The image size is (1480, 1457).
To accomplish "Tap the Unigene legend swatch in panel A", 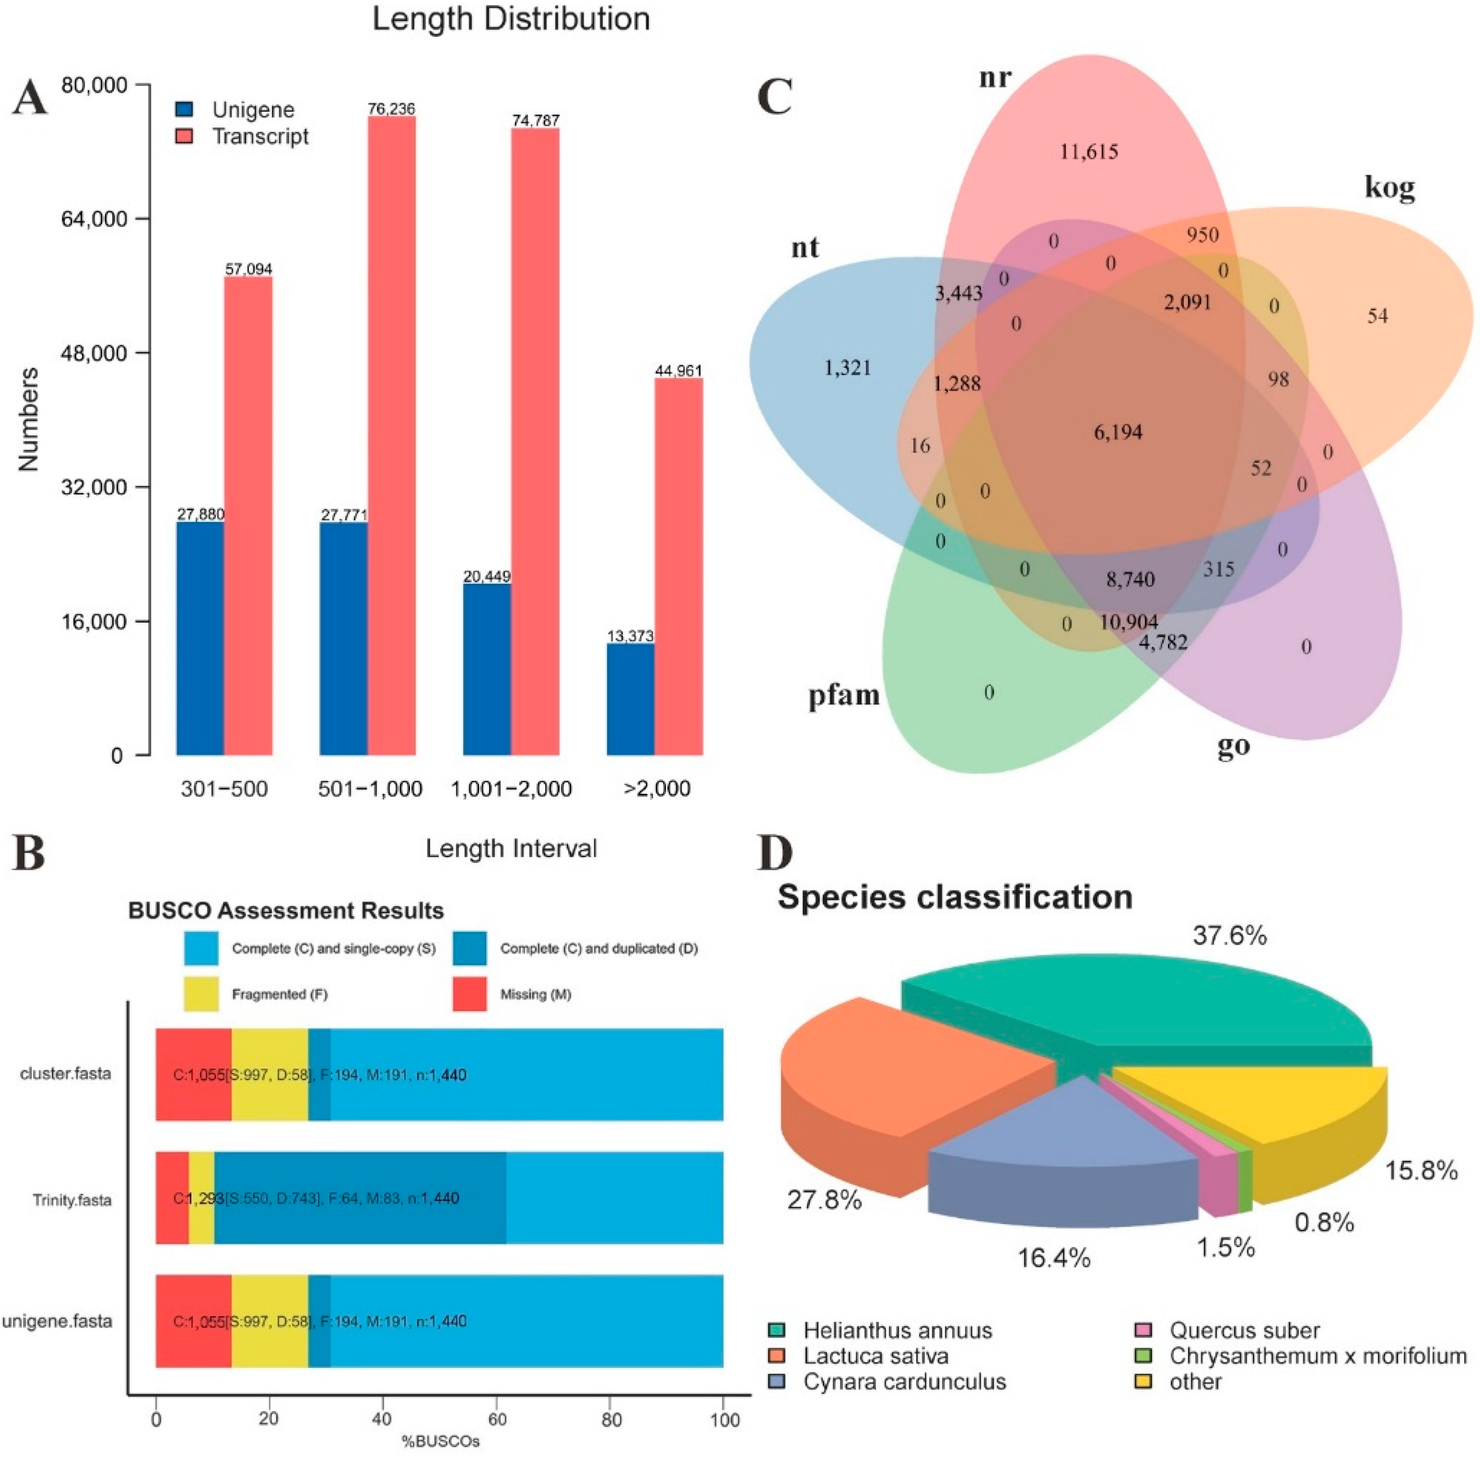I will coord(184,110).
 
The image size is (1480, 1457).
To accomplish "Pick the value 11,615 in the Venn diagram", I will coord(1088,151).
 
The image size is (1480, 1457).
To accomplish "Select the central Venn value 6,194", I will coord(1118,432).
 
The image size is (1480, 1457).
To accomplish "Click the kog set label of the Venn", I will coord(1389,188).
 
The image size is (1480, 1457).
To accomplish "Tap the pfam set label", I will coord(843,696).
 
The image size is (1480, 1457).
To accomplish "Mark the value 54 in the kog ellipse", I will coord(1377,316).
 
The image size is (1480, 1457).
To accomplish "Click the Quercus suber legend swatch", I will coord(1143,1330).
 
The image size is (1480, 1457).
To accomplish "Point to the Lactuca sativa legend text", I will coord(875,1356).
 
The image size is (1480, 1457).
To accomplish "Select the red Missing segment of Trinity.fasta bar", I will coord(171,1198).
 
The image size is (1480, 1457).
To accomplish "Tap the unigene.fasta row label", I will coord(58,1322).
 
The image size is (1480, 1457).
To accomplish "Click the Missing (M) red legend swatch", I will coord(469,994).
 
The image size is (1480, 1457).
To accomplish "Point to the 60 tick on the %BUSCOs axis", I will coord(498,1420).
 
